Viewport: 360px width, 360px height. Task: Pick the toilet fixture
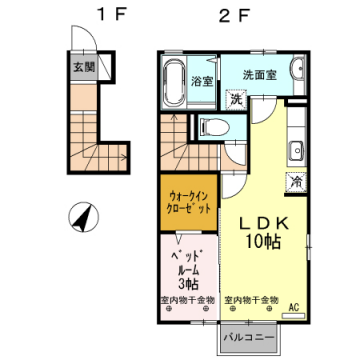click(x=210, y=127)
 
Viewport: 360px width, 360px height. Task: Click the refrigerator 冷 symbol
click(x=295, y=182)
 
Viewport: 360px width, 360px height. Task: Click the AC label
click(x=294, y=307)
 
